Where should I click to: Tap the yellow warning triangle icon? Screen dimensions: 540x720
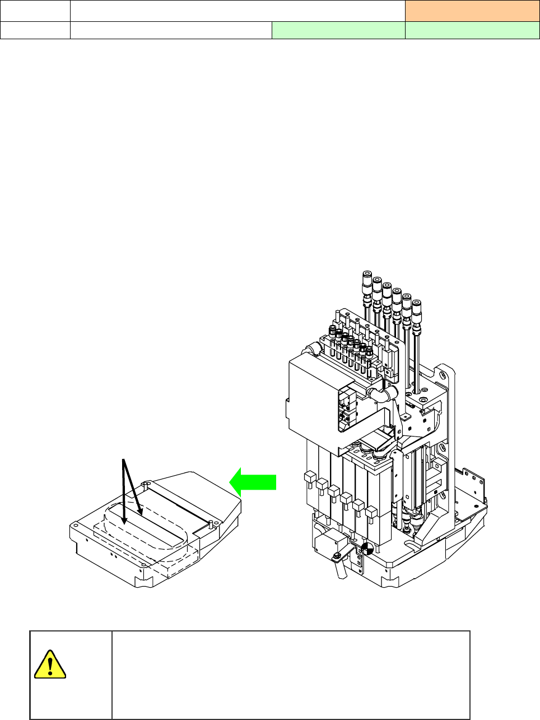(x=50, y=665)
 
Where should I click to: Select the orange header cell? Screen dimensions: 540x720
(x=472, y=10)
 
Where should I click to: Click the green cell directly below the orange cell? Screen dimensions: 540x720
(x=472, y=30)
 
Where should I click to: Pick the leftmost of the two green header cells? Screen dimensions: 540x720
(x=338, y=30)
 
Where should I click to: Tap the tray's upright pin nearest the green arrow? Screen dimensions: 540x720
(x=210, y=523)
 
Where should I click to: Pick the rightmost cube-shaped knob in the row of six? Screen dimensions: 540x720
(x=370, y=512)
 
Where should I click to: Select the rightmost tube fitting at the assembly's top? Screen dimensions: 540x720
(x=416, y=306)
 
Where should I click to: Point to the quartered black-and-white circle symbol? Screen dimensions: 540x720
(x=367, y=549)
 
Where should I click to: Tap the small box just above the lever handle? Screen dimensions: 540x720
(x=327, y=542)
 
